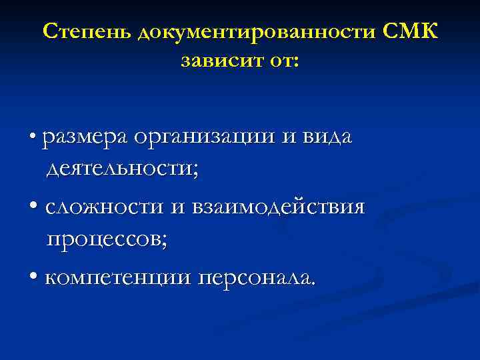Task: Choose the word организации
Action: point(203,139)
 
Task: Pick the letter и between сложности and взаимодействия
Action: point(177,207)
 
